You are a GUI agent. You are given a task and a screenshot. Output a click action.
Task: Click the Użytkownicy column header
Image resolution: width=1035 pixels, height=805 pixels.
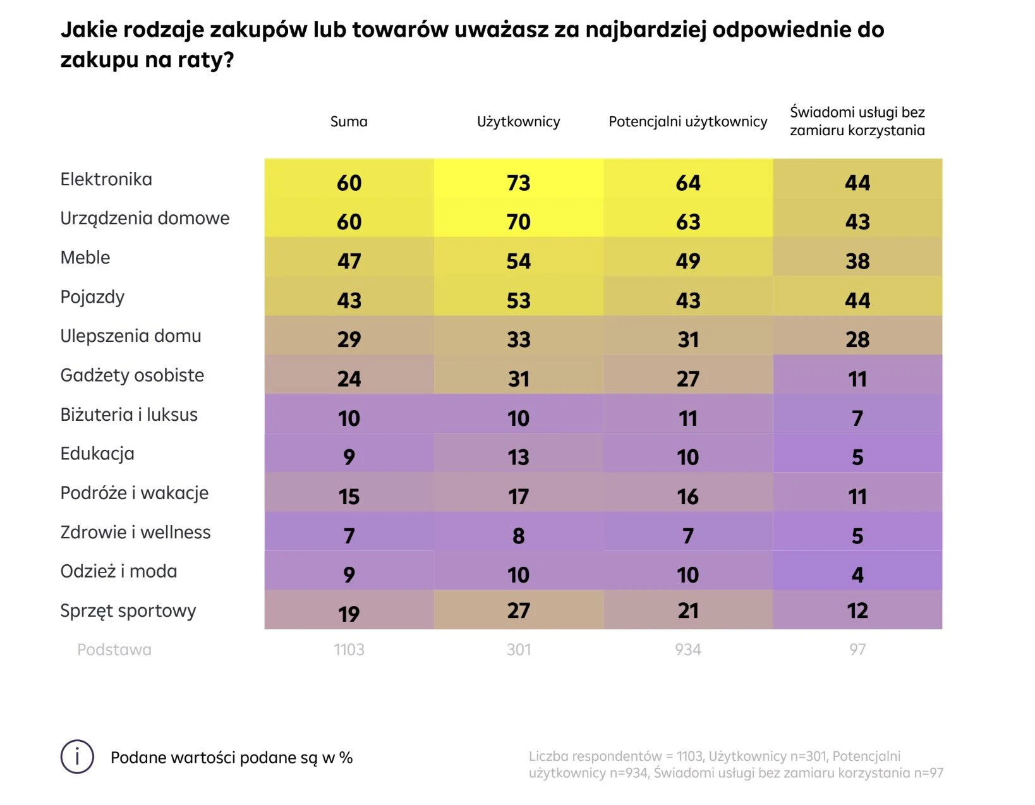pyautogui.click(x=518, y=121)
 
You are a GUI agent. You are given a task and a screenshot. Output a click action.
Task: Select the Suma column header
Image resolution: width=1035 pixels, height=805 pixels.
pyautogui.click(x=349, y=121)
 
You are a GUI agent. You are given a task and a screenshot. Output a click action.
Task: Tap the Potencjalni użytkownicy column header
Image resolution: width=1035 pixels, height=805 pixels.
pyautogui.click(x=687, y=121)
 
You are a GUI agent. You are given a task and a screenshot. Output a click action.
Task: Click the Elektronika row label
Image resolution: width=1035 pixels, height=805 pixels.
pyautogui.click(x=106, y=179)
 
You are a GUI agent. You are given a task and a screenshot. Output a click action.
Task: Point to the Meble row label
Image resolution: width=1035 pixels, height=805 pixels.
pyautogui.click(x=85, y=258)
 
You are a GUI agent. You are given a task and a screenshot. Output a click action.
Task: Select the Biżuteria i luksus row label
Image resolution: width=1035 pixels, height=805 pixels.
pyautogui.click(x=129, y=415)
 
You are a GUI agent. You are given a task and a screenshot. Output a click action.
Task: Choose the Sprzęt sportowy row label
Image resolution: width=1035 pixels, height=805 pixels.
pyautogui.click(x=128, y=611)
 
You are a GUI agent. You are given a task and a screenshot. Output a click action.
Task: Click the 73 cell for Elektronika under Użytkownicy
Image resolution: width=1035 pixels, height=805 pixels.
pyautogui.click(x=518, y=183)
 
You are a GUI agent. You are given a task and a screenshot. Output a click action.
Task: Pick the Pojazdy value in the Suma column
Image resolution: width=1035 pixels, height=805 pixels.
pyautogui.click(x=349, y=300)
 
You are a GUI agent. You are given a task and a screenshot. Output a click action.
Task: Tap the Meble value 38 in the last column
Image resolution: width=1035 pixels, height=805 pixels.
pyautogui.click(x=857, y=261)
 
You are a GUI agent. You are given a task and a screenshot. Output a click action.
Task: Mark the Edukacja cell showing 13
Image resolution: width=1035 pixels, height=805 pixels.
pyautogui.click(x=518, y=457)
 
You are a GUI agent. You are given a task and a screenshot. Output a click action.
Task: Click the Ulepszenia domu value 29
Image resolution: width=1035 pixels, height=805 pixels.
pyautogui.click(x=349, y=339)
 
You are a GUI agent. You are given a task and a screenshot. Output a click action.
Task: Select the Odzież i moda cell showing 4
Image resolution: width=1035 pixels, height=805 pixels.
pyautogui.click(x=857, y=574)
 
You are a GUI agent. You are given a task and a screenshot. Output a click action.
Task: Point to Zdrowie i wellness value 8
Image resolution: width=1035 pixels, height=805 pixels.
pyautogui.click(x=518, y=536)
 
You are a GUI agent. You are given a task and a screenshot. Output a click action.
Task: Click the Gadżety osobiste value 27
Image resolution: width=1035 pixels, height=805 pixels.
pyautogui.click(x=687, y=378)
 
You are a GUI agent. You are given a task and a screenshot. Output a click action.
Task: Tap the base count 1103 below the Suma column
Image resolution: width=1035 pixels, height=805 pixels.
pyautogui.click(x=349, y=650)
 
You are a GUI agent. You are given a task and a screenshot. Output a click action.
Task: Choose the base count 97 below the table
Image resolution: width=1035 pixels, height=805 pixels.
pyautogui.click(x=857, y=650)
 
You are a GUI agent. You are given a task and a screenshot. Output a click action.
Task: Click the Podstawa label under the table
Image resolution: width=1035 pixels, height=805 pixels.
pyautogui.click(x=114, y=650)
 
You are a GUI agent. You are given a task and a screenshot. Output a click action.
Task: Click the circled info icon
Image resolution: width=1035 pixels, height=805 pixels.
pyautogui.click(x=77, y=757)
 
